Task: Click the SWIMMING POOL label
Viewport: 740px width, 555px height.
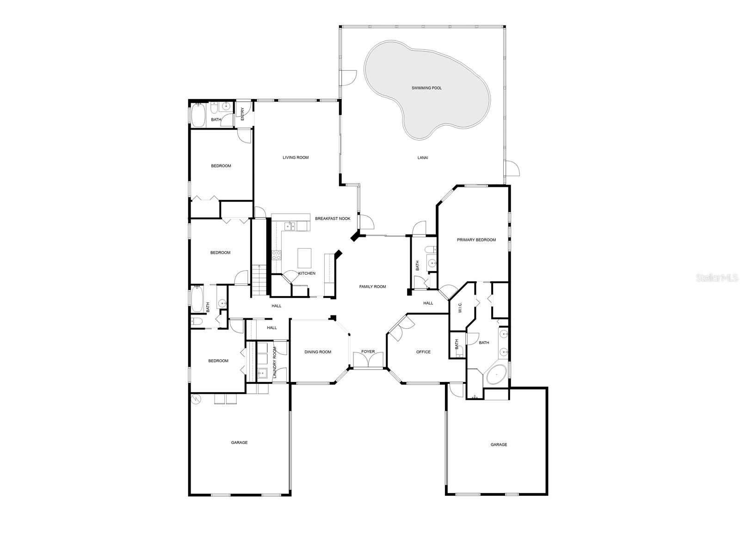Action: point(426,88)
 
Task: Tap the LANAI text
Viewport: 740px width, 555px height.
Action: point(422,158)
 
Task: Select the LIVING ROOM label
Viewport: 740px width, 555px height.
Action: point(296,157)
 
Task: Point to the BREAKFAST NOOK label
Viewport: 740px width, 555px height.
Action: point(333,218)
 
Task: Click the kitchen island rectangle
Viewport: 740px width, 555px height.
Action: point(304,258)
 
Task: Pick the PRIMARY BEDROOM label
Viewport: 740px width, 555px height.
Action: point(476,240)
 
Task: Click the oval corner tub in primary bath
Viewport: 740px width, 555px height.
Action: point(496,374)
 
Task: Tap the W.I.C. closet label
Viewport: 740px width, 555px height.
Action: point(460,307)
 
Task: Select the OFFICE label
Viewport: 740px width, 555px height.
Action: point(423,352)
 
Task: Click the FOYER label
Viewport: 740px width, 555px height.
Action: point(368,351)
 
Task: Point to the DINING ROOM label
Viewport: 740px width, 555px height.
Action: point(318,352)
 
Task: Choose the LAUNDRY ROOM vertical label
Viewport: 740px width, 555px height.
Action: point(274,362)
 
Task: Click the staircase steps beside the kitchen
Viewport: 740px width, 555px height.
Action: point(259,280)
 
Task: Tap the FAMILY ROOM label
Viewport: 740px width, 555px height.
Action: point(372,287)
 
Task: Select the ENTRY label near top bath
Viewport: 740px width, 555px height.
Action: point(242,114)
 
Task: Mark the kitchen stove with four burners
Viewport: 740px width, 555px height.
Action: point(276,255)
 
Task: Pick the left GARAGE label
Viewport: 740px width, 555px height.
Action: point(239,443)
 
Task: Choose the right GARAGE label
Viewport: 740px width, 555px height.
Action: point(499,444)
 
